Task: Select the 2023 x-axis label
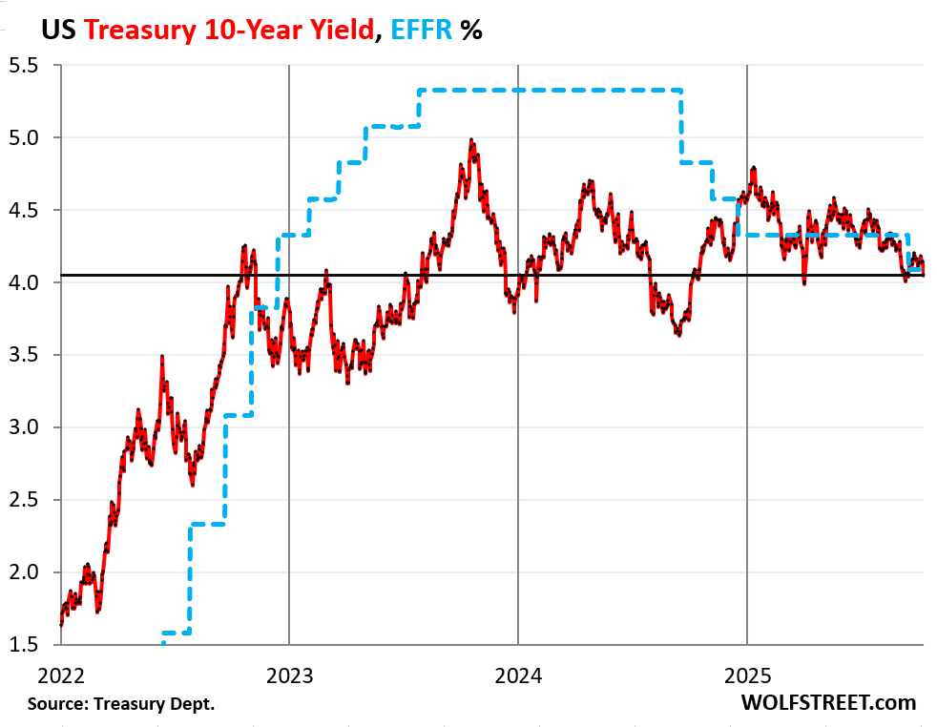click(x=289, y=676)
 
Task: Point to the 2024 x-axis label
click(x=518, y=676)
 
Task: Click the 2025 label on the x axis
click(x=747, y=676)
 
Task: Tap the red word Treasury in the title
click(x=142, y=30)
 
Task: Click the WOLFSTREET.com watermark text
click(x=827, y=703)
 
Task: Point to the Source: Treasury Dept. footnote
click(x=121, y=704)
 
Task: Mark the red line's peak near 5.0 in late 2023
click(x=471, y=140)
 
